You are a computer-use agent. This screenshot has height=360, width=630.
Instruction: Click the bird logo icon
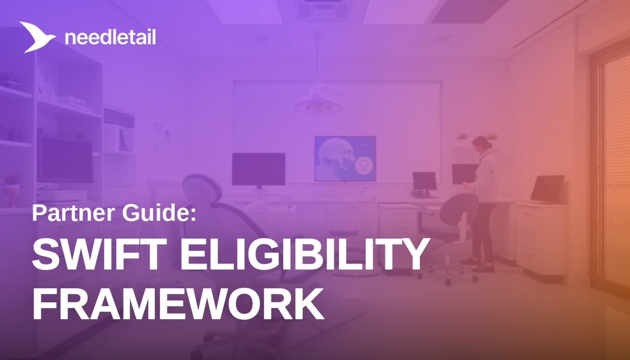pos(37,36)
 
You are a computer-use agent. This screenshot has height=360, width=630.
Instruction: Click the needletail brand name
pos(110,37)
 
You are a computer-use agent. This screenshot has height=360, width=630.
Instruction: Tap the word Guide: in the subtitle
pos(156,213)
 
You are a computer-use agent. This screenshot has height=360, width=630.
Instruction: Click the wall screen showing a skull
pos(345,158)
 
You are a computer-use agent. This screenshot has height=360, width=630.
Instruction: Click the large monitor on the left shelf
pos(65,160)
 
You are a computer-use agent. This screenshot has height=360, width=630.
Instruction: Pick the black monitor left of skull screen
pos(258,169)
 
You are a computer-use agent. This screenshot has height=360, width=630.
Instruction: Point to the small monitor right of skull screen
pos(424,181)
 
